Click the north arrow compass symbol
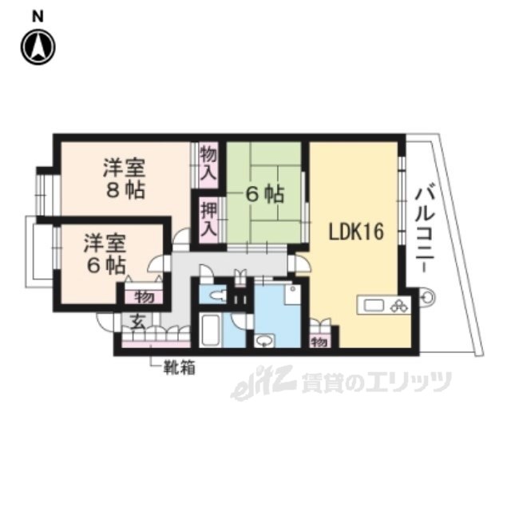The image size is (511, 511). tap(38, 47)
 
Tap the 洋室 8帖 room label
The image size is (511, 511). tap(124, 180)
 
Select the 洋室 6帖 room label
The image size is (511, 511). tap(105, 254)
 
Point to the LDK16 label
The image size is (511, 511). tap(358, 232)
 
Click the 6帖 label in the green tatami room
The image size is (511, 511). tap(264, 192)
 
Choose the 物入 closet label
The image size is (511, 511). tap(208, 162)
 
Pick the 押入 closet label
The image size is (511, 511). tap(208, 218)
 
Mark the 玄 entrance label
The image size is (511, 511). tap(137, 322)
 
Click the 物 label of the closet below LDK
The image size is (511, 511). tap(318, 342)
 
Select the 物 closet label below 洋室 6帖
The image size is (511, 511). tap(143, 297)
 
